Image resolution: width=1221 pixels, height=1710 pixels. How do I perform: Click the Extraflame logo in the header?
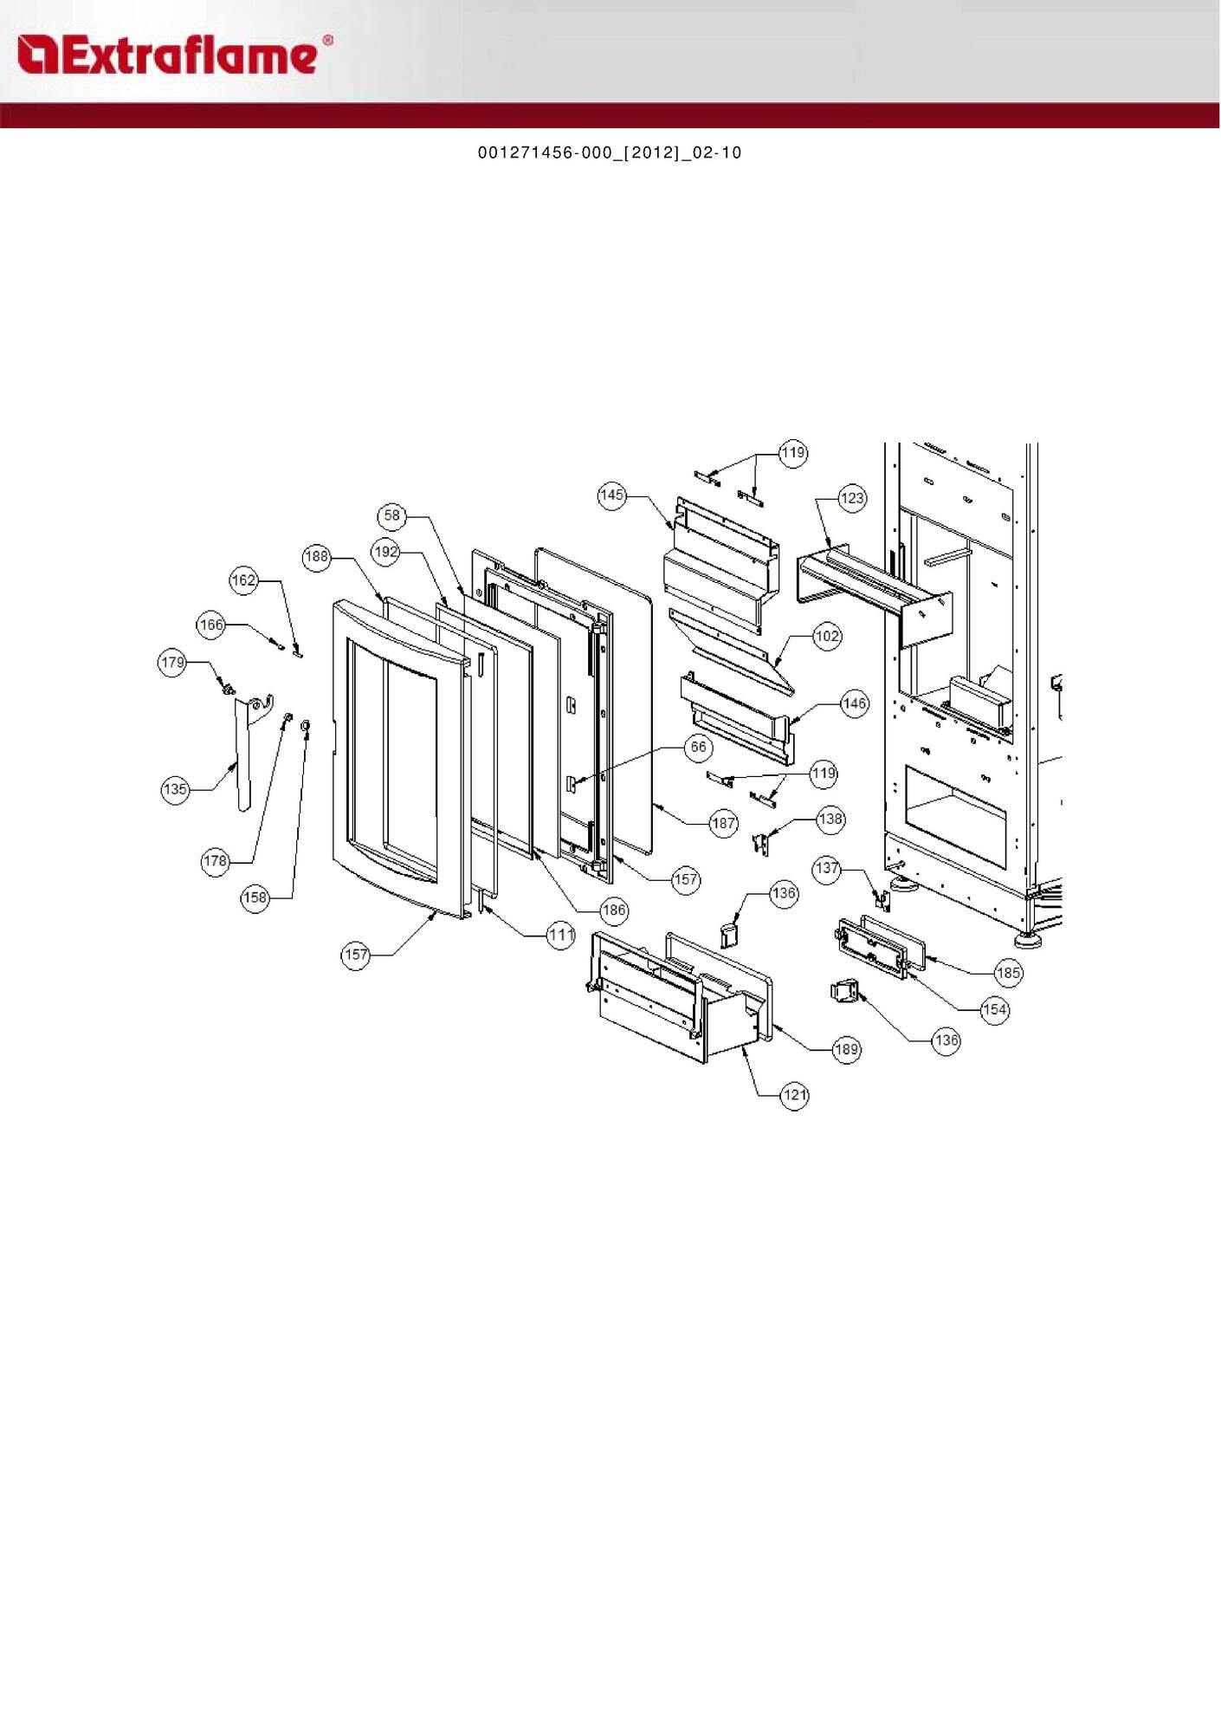point(173,55)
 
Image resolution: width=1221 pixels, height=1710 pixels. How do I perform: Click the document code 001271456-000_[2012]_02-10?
point(610,152)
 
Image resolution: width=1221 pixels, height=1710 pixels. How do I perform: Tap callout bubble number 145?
point(611,496)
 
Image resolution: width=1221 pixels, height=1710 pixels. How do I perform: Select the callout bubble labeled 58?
point(392,516)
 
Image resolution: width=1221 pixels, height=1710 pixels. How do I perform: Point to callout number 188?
point(317,556)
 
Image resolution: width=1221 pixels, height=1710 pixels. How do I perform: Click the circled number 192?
point(385,552)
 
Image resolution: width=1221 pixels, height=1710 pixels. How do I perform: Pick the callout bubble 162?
point(243,580)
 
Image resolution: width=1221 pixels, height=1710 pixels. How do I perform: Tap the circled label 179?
point(172,663)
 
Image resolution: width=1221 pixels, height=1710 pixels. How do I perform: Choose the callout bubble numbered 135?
point(175,789)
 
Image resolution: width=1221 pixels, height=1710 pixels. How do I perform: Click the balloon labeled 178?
point(215,861)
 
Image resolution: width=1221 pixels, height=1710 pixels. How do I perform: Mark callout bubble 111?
point(561,935)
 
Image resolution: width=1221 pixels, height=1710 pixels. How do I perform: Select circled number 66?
point(698,748)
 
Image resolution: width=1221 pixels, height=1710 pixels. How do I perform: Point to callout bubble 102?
point(827,637)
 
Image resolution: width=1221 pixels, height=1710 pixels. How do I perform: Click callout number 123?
point(852,498)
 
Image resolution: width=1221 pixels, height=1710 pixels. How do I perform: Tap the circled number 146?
point(854,703)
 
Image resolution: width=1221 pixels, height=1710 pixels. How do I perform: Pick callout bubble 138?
point(830,819)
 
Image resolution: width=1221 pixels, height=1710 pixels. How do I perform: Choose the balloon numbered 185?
point(1008,973)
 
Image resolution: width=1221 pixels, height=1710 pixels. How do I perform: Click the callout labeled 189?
point(846,1050)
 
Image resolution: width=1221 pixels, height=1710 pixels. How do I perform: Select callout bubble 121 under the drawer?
point(794,1095)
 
